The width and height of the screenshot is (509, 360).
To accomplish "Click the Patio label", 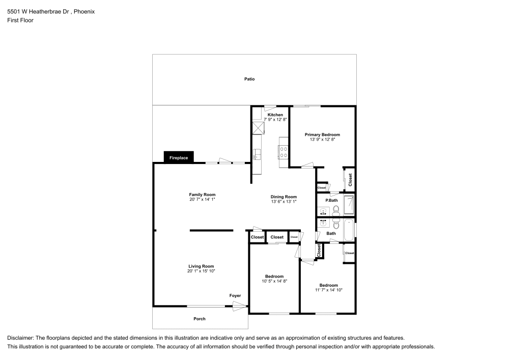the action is click(249, 79).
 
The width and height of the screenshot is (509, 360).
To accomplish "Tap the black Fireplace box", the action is click(179, 157).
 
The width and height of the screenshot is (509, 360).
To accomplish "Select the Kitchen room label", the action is click(275, 115).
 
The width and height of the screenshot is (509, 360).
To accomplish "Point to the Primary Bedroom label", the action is click(322, 134).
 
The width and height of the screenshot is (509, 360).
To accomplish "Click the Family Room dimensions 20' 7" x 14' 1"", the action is click(202, 199).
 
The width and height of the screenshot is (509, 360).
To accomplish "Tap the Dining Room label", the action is click(284, 197).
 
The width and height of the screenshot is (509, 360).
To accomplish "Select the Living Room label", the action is click(201, 266).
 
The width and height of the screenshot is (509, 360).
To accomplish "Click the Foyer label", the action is click(235, 295).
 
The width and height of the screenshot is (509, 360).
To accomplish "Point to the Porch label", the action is click(200, 319).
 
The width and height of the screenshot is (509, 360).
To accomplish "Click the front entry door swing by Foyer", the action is click(240, 306).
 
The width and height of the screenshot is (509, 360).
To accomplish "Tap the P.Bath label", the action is click(331, 200).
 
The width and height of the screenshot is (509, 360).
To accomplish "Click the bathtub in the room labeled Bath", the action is click(349, 230).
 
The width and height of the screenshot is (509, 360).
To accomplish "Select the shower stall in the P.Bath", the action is click(349, 205).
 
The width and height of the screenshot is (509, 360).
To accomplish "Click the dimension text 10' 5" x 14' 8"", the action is click(274, 281).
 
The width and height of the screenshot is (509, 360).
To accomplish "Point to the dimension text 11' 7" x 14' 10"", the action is click(328, 290).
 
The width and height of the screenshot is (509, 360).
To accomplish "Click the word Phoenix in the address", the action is click(84, 12).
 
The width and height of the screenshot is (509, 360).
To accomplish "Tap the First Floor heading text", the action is click(20, 20).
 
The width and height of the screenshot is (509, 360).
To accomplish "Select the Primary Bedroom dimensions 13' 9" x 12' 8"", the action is click(322, 139).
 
